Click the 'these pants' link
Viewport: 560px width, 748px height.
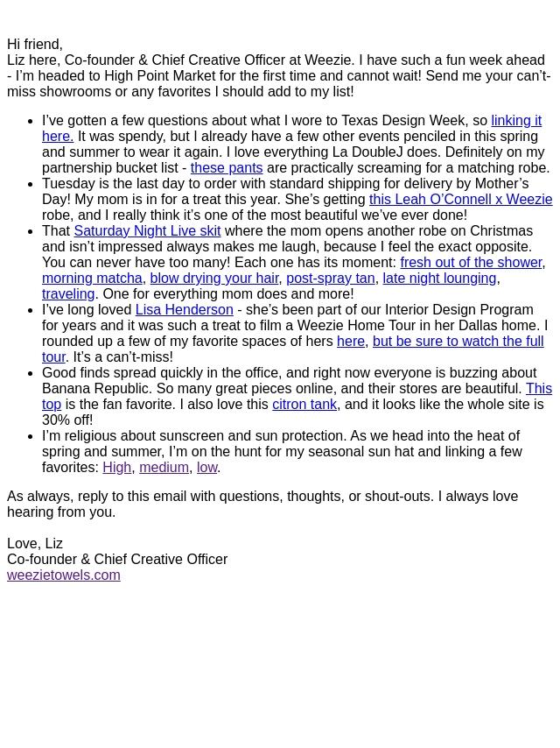pos(226,168)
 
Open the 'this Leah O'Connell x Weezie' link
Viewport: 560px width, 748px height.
pos(460,200)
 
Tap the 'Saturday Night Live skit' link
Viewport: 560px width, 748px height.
pos(147,231)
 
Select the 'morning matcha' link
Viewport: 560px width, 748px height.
pos(92,279)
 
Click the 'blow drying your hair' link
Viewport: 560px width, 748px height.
pos(213,279)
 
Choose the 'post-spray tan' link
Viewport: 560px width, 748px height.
pos(330,279)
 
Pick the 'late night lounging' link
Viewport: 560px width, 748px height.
pos(439,279)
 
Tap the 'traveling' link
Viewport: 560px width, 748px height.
pos(68,294)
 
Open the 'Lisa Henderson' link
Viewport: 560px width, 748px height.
pos(184,310)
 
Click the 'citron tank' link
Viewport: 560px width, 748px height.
pos(304,405)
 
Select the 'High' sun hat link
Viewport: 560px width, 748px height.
pos(116,468)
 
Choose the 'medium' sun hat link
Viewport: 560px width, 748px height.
pos(164,468)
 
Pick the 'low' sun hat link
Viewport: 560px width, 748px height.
pos(206,468)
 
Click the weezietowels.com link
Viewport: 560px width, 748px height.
pos(63,575)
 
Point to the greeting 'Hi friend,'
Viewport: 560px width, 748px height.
pos(35,45)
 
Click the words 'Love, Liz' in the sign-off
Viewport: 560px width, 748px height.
pos(35,544)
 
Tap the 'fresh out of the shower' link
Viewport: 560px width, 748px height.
pos(471,263)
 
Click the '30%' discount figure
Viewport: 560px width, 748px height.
pos(57,420)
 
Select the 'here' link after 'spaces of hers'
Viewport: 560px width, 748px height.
pos(350,342)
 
